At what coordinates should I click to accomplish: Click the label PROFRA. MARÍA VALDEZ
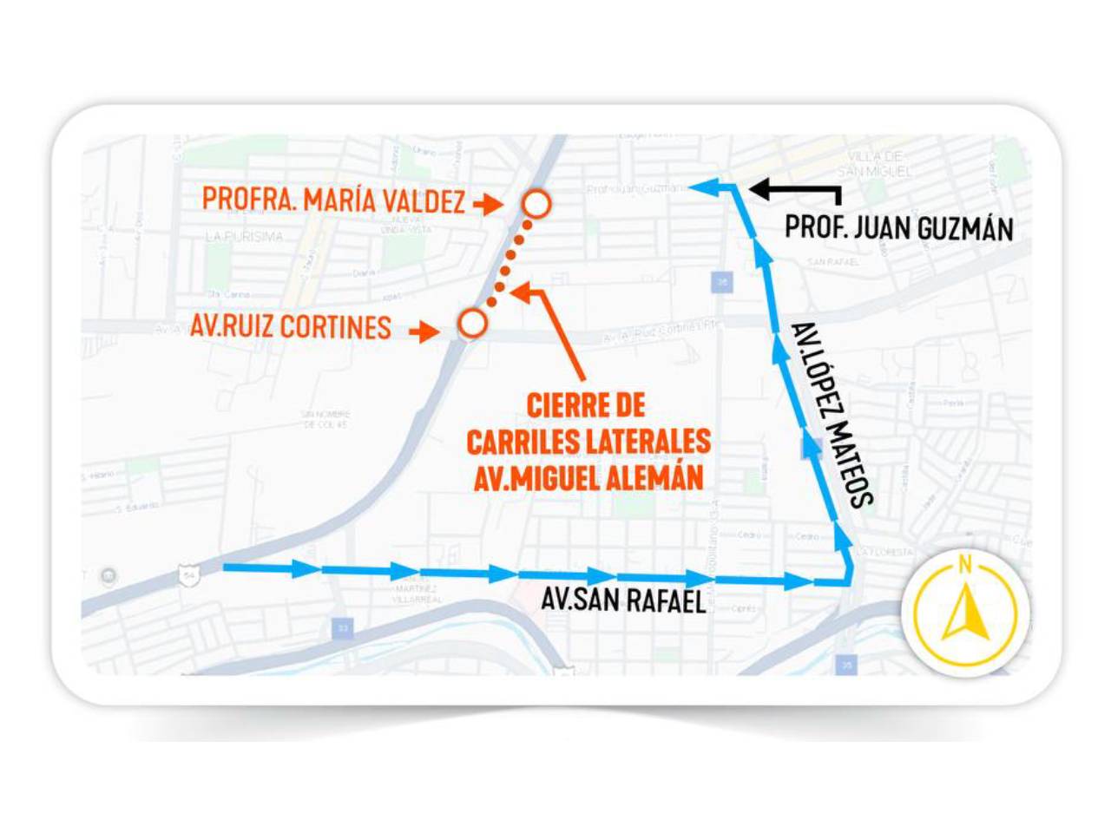(x=333, y=200)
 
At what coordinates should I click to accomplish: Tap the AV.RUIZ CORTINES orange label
(x=291, y=327)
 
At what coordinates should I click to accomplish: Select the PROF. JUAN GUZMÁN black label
(x=898, y=228)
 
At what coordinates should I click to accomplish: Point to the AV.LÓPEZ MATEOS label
(x=832, y=415)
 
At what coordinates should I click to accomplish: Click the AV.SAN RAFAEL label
(x=623, y=600)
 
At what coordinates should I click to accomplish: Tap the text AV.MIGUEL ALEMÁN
(x=588, y=477)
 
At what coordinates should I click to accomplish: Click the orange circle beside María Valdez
(x=537, y=204)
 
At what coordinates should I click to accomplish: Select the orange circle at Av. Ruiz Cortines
(x=472, y=324)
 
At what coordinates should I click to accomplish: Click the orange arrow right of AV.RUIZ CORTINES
(x=424, y=331)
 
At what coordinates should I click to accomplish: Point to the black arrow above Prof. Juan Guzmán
(x=792, y=191)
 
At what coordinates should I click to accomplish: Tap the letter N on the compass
(x=964, y=566)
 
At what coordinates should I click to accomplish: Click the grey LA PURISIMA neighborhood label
(x=244, y=236)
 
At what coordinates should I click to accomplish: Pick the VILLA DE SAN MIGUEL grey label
(x=876, y=164)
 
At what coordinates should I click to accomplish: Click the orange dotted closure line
(x=509, y=261)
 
